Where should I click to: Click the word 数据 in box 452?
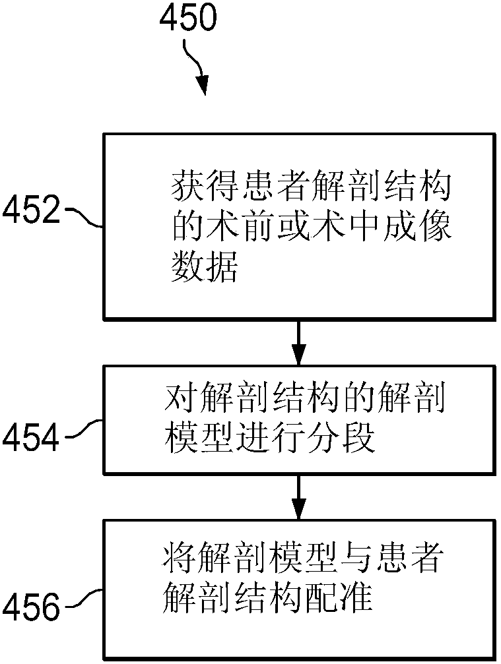pyautogui.click(x=204, y=268)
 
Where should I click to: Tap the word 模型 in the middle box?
pyautogui.click(x=195, y=437)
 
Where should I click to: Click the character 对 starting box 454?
pyautogui.click(x=178, y=400)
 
